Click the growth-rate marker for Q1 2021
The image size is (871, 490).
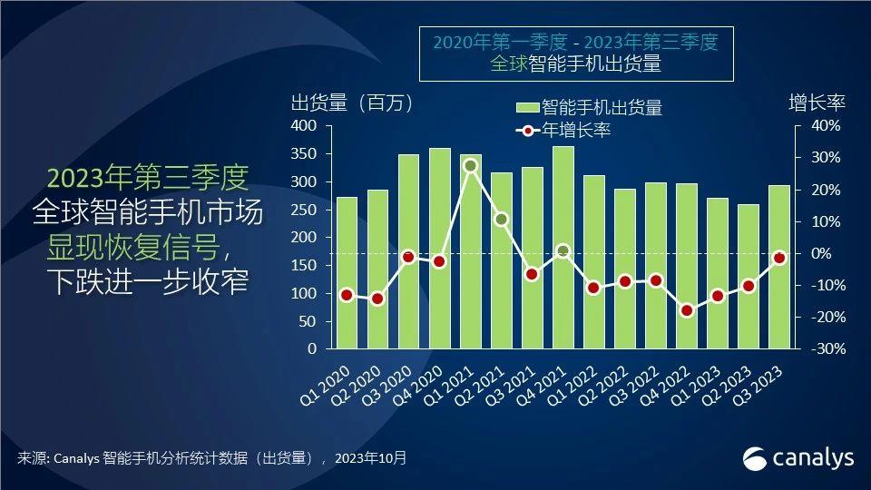pyautogui.click(x=470, y=165)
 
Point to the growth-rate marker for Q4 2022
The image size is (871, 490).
pyautogui.click(x=687, y=310)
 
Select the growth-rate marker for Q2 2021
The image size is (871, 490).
pyautogui.click(x=501, y=219)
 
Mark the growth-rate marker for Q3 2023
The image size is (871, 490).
pyautogui.click(x=778, y=258)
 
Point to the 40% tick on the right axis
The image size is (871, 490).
pyautogui.click(x=820, y=126)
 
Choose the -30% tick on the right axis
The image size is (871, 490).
pyautogui.click(x=818, y=349)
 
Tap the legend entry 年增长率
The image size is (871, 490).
pyautogui.click(x=575, y=130)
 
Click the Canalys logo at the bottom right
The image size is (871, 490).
pyautogui.click(x=798, y=458)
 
